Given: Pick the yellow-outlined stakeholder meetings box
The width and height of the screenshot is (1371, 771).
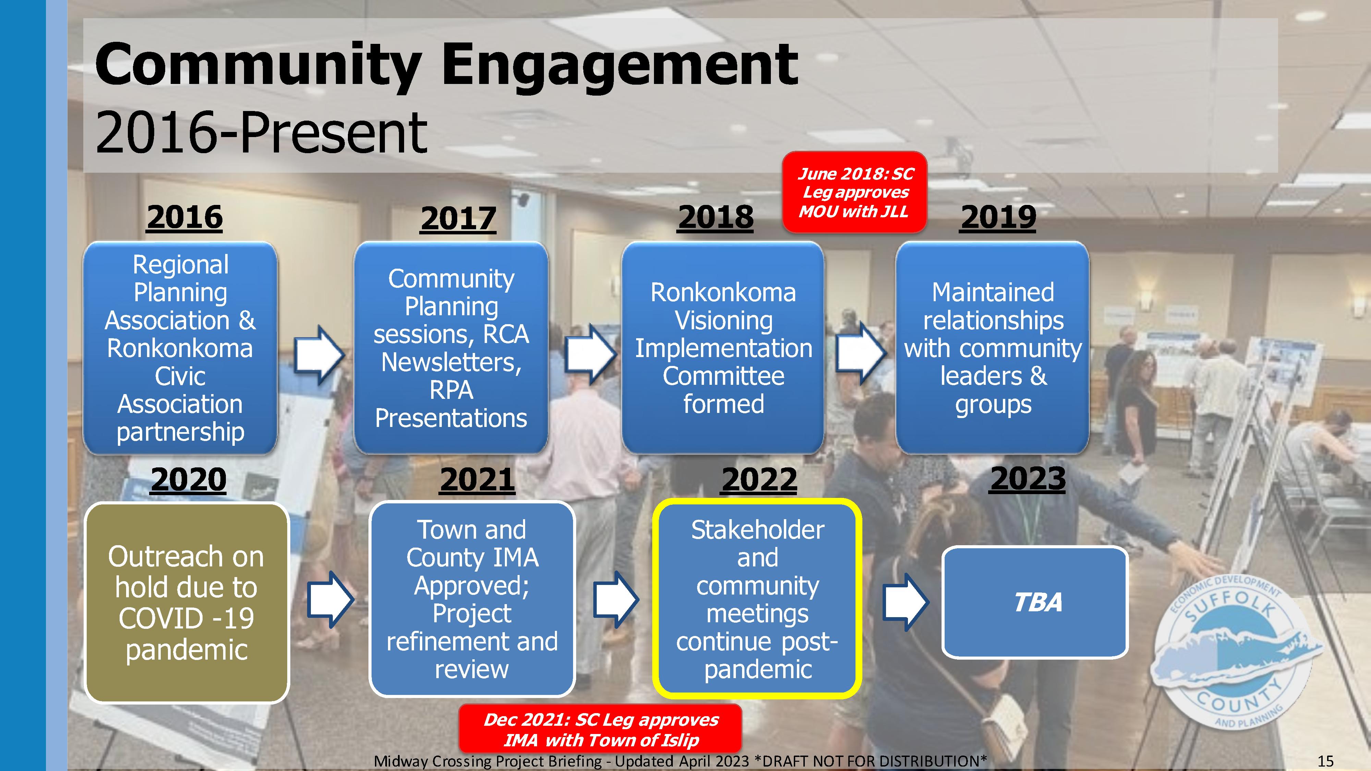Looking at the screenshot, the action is pyautogui.click(x=757, y=599).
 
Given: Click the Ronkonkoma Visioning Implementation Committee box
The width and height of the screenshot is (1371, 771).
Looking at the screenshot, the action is pyautogui.click(x=723, y=347).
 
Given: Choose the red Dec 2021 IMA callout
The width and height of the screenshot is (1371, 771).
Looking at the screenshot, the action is pyautogui.click(x=600, y=730).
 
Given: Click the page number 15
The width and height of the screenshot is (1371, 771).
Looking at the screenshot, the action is pyautogui.click(x=1325, y=761).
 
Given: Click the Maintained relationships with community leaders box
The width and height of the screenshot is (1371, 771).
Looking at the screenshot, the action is pyautogui.click(x=993, y=347).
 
